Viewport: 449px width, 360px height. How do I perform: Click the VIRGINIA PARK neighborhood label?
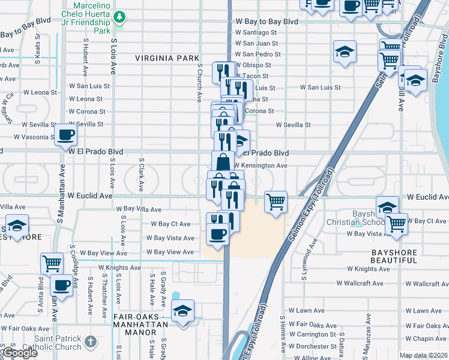pyautogui.click(x=167, y=58)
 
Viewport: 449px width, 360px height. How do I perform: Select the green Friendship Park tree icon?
pyautogui.click(x=120, y=16)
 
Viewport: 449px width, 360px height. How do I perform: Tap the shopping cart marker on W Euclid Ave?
pyautogui.click(x=276, y=202)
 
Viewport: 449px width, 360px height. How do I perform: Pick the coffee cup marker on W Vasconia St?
pyautogui.click(x=65, y=134)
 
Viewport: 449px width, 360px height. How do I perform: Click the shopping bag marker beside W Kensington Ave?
pyautogui.click(x=223, y=161)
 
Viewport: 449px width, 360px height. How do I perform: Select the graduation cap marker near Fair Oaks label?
pyautogui.click(x=182, y=311)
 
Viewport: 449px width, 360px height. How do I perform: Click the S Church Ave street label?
pyautogui.click(x=199, y=83)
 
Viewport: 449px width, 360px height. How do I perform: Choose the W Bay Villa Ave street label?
pyautogui.click(x=139, y=209)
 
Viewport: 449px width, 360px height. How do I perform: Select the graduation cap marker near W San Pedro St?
pyautogui.click(x=345, y=52)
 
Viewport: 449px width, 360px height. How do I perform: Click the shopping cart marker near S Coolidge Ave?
pyautogui.click(x=52, y=262)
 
